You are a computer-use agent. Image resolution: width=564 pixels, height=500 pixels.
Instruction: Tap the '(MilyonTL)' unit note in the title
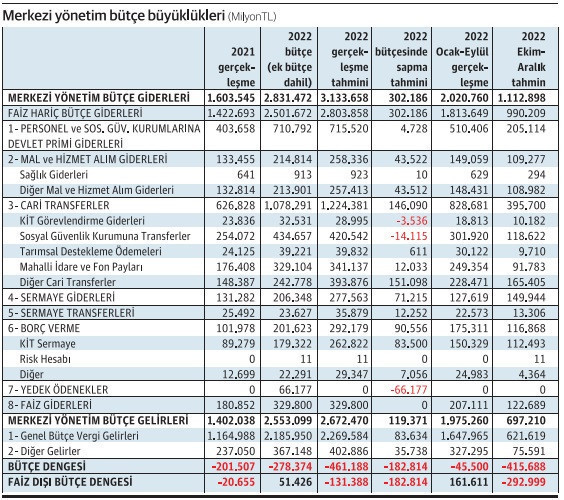coord(252,17)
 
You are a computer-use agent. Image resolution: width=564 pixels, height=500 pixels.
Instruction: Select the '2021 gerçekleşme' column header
coord(236,67)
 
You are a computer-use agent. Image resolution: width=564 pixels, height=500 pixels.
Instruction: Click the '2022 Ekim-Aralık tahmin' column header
coord(528,59)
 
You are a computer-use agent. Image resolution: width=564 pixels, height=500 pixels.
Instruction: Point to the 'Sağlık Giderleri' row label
coord(54,175)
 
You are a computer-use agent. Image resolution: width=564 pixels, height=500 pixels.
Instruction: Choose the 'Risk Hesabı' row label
coord(45,359)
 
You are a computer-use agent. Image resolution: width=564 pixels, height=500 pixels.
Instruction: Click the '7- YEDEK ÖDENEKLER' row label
coord(58,390)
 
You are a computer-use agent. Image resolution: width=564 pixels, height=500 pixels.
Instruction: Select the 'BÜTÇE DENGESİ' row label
coord(47,467)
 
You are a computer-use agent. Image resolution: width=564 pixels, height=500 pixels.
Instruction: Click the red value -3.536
coord(412,221)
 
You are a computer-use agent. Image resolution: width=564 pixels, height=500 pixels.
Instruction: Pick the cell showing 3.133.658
coord(344,98)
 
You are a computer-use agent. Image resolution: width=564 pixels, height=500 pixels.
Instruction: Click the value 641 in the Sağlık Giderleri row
coord(246,175)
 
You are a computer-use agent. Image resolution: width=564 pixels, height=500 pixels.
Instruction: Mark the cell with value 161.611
coord(469,482)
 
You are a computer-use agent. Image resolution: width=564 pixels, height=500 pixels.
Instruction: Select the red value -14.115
coord(409,236)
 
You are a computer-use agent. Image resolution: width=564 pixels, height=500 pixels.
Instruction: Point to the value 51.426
coord(295,482)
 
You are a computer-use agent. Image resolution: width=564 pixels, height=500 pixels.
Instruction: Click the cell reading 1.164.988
coord(231,436)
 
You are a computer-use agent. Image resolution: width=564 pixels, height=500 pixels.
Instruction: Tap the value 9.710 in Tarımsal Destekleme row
coord(532,251)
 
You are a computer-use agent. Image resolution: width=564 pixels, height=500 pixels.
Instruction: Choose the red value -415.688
coord(524,467)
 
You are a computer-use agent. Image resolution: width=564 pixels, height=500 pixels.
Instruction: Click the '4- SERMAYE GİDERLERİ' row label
coord(61,297)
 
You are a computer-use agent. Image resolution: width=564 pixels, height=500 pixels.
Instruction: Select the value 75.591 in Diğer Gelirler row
coord(529,451)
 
